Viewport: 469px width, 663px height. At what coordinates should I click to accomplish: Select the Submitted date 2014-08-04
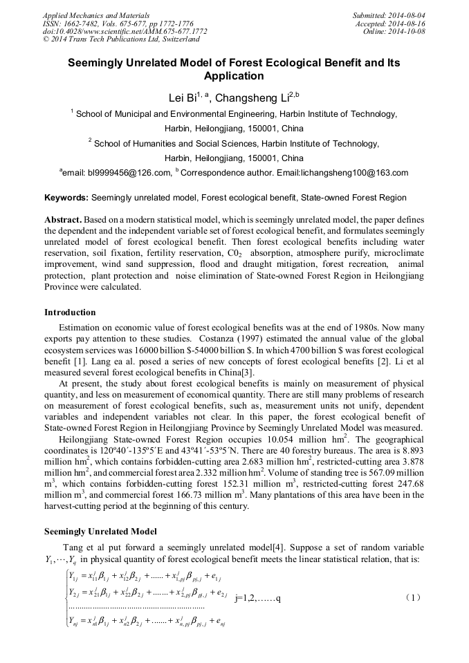point(408,15)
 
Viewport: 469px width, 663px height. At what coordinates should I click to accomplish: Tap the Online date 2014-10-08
point(410,31)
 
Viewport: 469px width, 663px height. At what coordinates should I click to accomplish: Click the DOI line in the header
point(125,31)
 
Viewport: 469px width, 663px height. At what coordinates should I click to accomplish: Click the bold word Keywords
point(66,198)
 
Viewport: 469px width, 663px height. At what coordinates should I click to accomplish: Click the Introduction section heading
point(70,312)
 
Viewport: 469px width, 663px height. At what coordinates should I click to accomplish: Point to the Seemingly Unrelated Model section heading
point(100,531)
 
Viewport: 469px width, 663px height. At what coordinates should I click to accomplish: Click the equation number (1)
point(413,596)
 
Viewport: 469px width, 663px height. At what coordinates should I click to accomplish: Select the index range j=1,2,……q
point(257,596)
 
